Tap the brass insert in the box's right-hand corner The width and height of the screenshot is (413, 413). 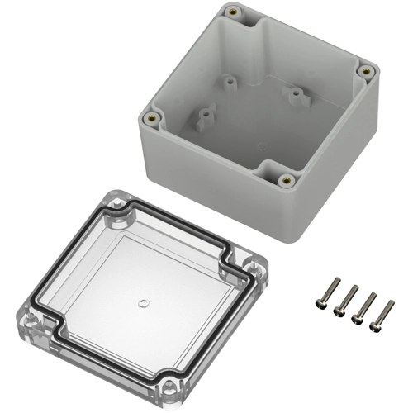tap(363, 71)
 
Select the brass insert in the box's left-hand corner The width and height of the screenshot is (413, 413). tap(152, 118)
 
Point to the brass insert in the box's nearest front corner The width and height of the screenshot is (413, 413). tap(287, 179)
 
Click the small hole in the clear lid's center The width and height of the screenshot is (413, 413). tap(143, 302)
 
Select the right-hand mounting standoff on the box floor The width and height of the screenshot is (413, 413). tap(295, 93)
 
